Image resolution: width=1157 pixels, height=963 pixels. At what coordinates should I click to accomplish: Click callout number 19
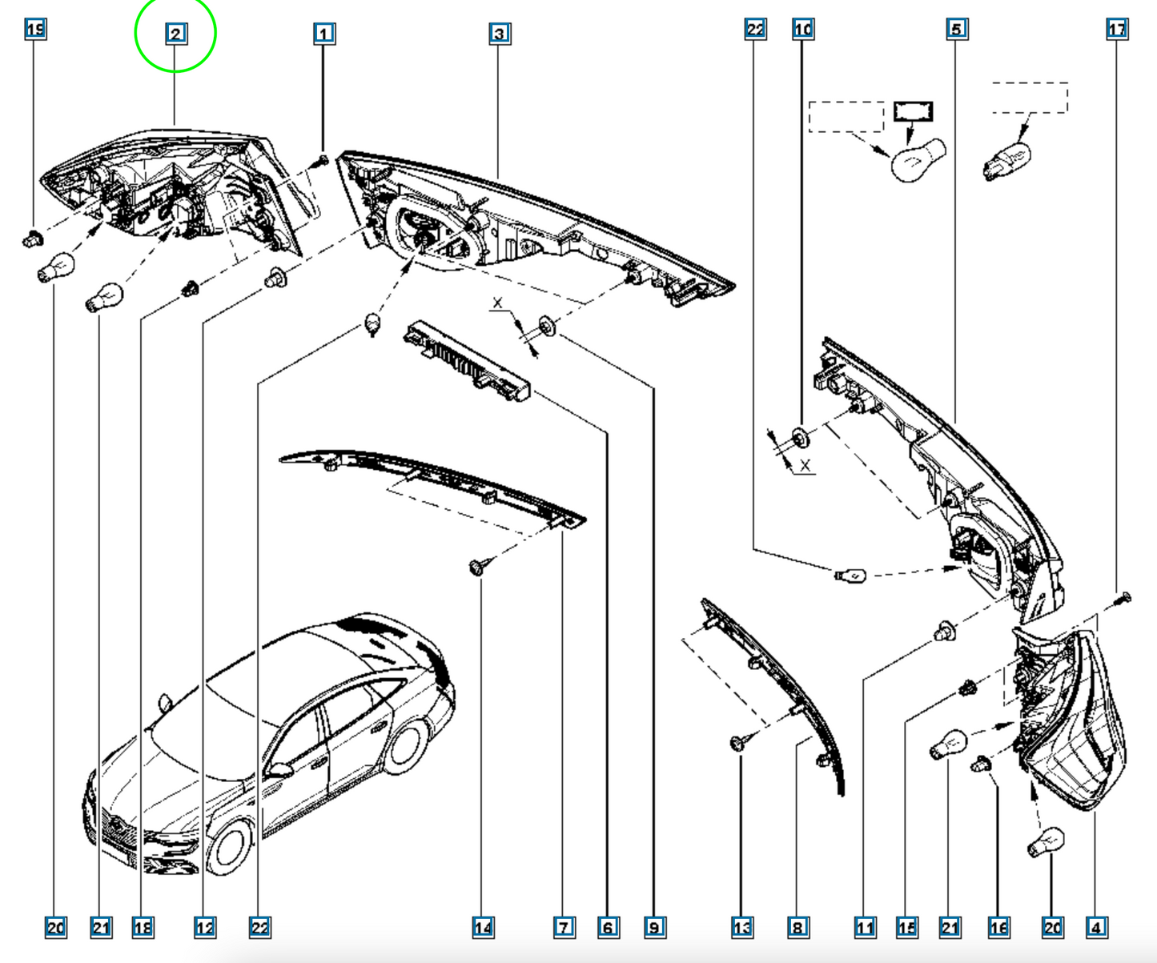(x=35, y=30)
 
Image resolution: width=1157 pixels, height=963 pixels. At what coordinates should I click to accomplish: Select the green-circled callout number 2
(x=176, y=34)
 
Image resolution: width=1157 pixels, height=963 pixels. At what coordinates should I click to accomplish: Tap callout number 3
(x=500, y=34)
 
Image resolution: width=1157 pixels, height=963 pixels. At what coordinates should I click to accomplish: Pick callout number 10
(x=803, y=30)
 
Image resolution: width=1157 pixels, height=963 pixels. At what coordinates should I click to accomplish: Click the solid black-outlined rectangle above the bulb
(x=913, y=111)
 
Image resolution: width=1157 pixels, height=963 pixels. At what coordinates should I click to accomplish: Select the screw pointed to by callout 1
(x=322, y=161)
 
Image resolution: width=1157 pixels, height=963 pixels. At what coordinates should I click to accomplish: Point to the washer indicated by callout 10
(x=800, y=438)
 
